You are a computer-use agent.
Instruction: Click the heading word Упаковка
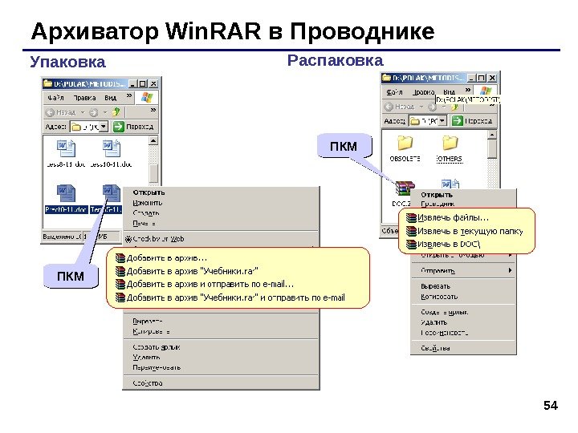67,62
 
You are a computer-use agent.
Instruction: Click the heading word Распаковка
335,60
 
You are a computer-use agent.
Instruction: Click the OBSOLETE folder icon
405,144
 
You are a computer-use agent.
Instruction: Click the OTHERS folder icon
450,144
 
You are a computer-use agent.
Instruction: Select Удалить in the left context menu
147,357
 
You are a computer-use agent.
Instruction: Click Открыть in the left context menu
149,192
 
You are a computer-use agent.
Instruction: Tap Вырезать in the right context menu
435,285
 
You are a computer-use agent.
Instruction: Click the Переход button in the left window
134,126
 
